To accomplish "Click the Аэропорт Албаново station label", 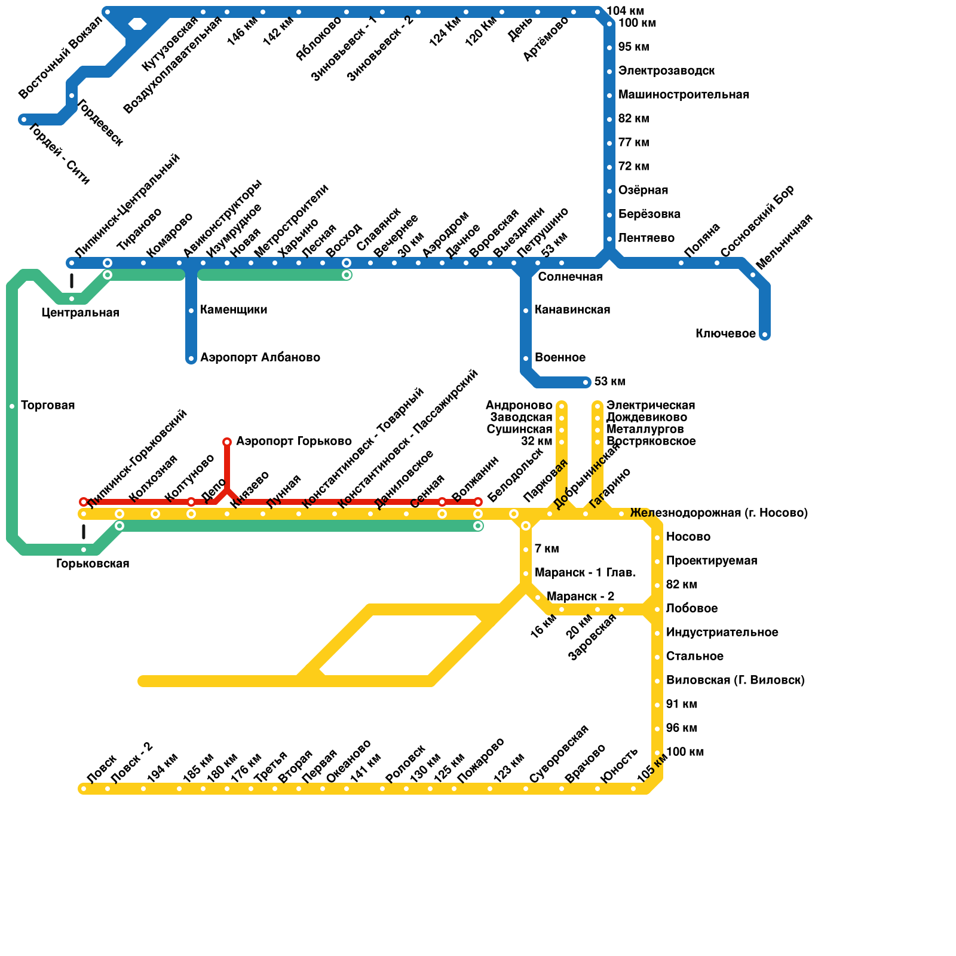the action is pyautogui.click(x=260, y=358).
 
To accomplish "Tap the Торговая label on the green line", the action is pyautogui.click(x=48, y=406).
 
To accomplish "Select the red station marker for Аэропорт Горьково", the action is pyautogui.click(x=227, y=442).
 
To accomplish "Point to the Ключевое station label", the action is pyautogui.click(x=725, y=334).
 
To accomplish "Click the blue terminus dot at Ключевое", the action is pyautogui.click(x=765, y=335).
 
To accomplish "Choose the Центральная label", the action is pyautogui.click(x=81, y=313).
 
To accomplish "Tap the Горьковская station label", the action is pyautogui.click(x=93, y=564).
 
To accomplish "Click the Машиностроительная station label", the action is pyautogui.click(x=684, y=95).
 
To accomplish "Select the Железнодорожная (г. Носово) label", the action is pyautogui.click(x=719, y=513).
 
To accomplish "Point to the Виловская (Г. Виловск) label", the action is pyautogui.click(x=735, y=681).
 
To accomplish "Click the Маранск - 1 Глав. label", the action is pyautogui.click(x=585, y=573).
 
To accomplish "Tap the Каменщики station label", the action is pyautogui.click(x=234, y=310).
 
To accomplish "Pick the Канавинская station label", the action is pyautogui.click(x=572, y=310).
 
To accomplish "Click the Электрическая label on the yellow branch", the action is pyautogui.click(x=651, y=406).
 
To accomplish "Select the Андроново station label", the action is pyautogui.click(x=519, y=406).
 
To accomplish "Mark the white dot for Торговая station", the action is pyautogui.click(x=12, y=406).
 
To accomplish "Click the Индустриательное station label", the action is pyautogui.click(x=722, y=633).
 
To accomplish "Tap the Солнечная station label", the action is pyautogui.click(x=570, y=277).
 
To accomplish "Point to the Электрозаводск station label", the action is pyautogui.click(x=666, y=71).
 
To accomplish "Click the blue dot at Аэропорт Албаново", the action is pyautogui.click(x=191, y=358).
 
